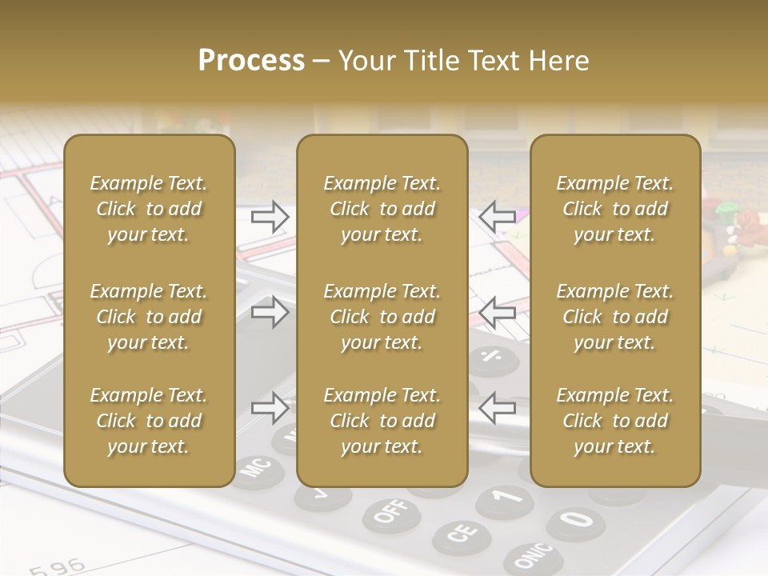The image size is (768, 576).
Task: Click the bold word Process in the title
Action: (251, 61)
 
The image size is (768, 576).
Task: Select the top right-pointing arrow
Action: (270, 216)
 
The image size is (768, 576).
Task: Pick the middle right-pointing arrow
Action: (270, 312)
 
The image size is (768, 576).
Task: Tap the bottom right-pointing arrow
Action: (270, 408)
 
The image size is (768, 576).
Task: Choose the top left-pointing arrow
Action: (498, 216)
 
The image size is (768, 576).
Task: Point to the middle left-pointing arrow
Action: (498, 312)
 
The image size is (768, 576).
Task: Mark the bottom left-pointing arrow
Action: (498, 408)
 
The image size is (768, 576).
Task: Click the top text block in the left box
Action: (149, 209)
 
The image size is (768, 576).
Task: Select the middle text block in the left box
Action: (149, 317)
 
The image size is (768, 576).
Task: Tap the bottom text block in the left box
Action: (149, 421)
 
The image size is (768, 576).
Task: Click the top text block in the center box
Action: (382, 209)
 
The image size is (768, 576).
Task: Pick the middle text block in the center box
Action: (382, 317)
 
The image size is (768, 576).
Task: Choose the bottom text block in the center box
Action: (382, 421)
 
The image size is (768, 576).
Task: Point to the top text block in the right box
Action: (615, 209)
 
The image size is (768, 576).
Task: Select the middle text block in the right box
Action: (615, 317)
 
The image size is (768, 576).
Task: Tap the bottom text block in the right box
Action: (615, 421)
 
